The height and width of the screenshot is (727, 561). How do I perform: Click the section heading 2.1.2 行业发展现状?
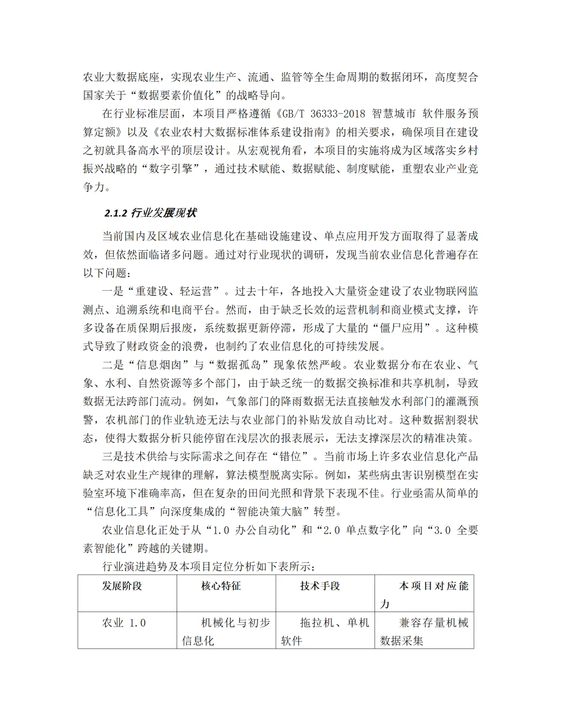[x=150, y=213]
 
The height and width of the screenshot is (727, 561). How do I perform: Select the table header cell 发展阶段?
[x=122, y=586]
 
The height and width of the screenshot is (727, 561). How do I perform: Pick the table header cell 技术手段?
[x=320, y=586]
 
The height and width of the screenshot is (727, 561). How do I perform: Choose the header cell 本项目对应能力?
[x=424, y=594]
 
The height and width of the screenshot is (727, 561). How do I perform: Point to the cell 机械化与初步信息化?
[x=226, y=631]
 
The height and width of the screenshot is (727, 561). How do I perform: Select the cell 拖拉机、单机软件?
[x=325, y=631]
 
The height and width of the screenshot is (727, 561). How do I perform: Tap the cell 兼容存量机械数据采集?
[x=424, y=631]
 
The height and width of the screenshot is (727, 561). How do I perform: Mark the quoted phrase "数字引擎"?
[x=173, y=169]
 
